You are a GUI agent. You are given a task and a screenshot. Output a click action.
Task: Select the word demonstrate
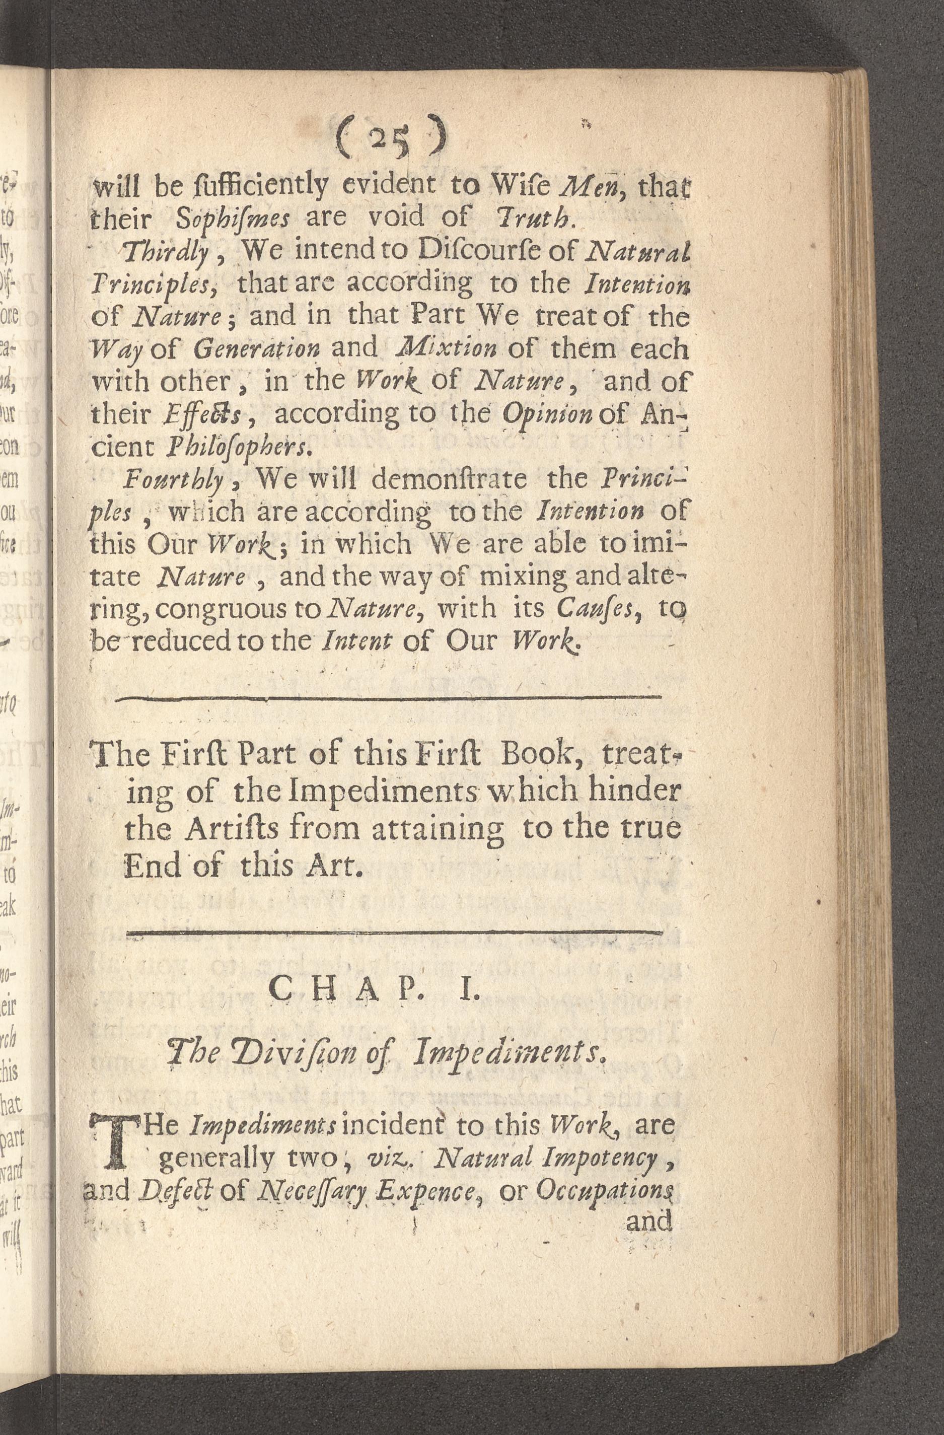[x=449, y=479]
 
